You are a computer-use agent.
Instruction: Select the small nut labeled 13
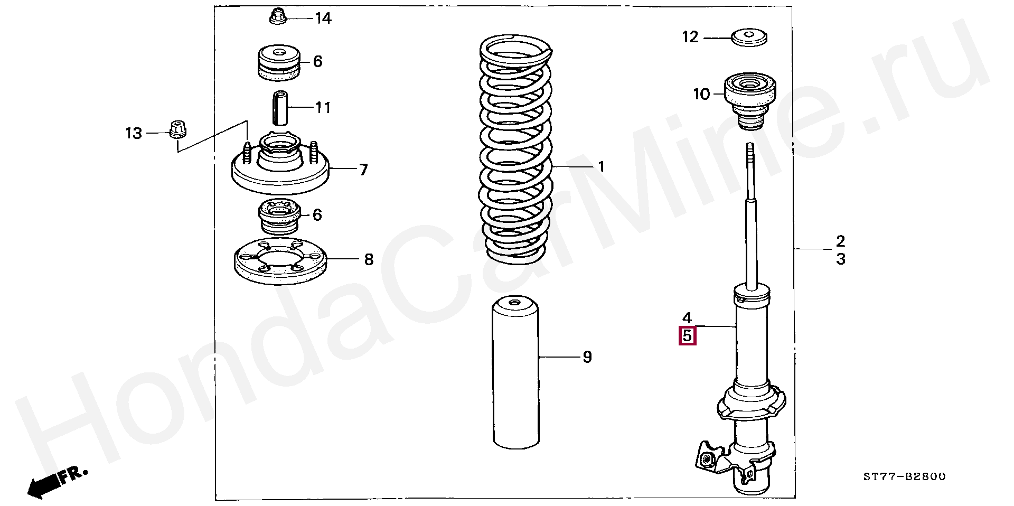(179, 129)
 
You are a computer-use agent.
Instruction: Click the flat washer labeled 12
(749, 38)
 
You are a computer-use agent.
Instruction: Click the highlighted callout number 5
(687, 336)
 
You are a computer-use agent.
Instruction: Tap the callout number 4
(687, 317)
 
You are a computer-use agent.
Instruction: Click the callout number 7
(363, 170)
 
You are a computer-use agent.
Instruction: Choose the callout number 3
(840, 259)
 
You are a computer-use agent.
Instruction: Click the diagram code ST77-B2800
(904, 476)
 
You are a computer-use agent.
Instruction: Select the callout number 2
(840, 241)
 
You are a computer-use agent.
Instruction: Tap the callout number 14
(323, 18)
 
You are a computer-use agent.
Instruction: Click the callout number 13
(134, 133)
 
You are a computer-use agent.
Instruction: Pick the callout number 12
(690, 37)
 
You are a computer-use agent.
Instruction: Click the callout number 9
(587, 357)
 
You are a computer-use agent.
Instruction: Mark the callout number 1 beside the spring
(601, 167)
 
